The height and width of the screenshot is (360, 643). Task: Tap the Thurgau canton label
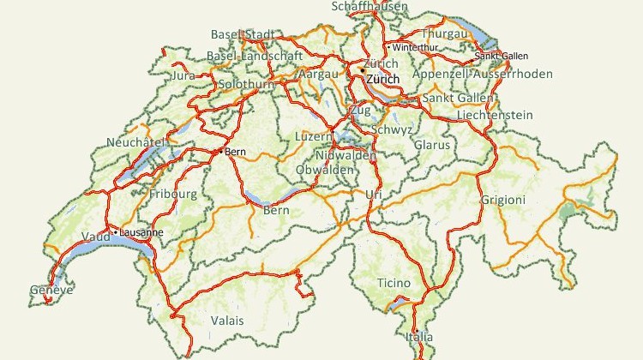coord(444,33)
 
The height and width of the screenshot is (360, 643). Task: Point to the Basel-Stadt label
coord(243,35)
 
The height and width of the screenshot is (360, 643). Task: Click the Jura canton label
coord(183,75)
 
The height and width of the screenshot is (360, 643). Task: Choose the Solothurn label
coord(245,86)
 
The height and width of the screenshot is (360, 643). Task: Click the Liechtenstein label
coord(495,115)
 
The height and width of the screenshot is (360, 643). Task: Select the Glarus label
coord(431,145)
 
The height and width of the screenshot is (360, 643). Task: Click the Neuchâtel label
coord(135,141)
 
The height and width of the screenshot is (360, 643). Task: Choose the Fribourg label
coord(173,194)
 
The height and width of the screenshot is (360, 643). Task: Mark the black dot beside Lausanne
coord(116,232)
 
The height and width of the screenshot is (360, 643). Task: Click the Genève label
coord(51,291)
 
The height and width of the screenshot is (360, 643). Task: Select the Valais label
coord(227,321)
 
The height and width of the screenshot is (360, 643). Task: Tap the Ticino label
coord(394,283)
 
